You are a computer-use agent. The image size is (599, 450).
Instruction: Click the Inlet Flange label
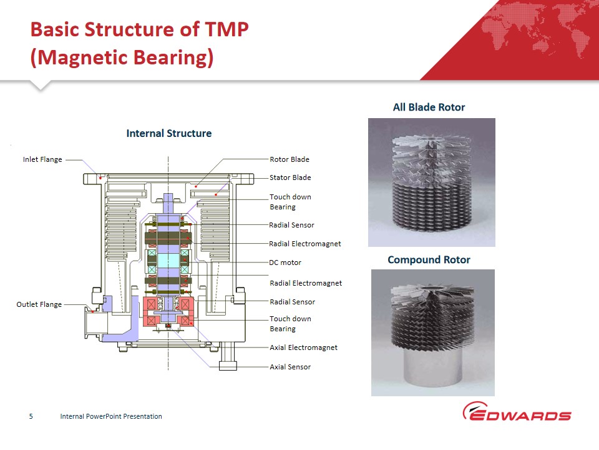point(42,159)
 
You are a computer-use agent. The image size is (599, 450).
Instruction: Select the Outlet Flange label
point(39,304)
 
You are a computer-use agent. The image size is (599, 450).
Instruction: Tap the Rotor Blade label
point(289,159)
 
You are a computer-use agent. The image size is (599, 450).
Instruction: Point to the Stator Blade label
point(290,177)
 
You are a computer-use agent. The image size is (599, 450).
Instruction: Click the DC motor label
point(285,262)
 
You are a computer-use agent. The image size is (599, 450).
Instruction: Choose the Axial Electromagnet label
point(303,347)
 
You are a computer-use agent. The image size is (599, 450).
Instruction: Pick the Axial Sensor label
point(290,367)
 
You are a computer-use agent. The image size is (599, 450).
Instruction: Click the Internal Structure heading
point(168,133)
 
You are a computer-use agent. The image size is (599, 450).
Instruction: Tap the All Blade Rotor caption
point(429,107)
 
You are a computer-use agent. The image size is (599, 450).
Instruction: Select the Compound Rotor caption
point(429,259)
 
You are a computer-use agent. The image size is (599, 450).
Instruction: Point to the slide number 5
point(31,416)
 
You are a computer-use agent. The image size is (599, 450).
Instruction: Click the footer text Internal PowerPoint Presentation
point(110,416)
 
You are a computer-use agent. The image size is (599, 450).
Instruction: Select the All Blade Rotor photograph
point(431,182)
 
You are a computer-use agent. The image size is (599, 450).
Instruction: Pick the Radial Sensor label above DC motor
point(291,225)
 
